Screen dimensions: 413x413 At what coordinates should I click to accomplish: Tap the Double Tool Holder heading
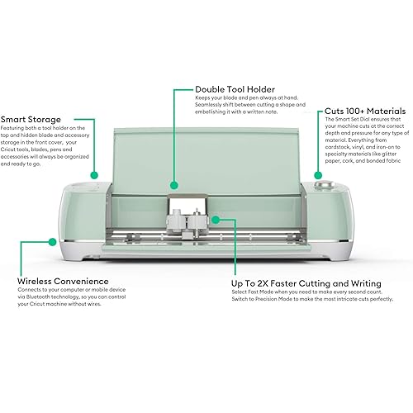click(234, 89)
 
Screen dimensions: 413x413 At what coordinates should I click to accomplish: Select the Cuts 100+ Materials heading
click(365, 111)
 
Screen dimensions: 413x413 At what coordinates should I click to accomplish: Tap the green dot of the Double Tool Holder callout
click(173, 185)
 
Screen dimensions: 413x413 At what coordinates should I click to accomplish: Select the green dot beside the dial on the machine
click(318, 174)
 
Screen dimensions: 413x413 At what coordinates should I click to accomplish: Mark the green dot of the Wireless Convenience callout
click(53, 243)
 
